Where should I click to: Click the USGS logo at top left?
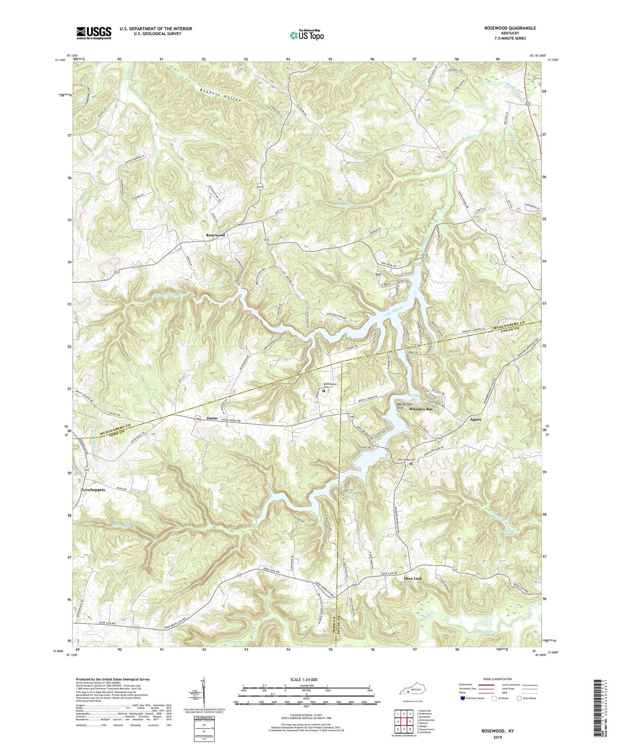94,32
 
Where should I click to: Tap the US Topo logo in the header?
307,35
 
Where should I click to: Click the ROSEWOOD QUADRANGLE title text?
510,28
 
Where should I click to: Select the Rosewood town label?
215,235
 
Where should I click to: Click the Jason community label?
212,418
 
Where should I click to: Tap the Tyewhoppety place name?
93,490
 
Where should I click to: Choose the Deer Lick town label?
412,579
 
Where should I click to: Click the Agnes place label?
475,419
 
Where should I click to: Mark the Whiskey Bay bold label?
421,409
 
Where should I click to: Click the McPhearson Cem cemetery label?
330,385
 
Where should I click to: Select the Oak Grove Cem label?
406,460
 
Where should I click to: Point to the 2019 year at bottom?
497,737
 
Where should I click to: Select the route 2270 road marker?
260,187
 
